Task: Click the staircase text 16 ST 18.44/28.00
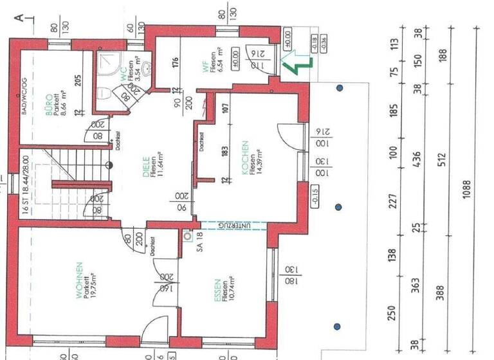coord(24,186)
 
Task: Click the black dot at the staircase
coord(110,165)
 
